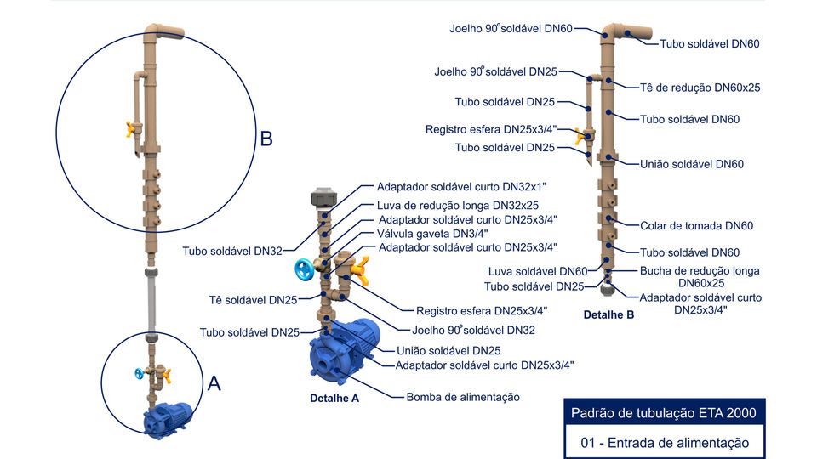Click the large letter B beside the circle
tap(266, 139)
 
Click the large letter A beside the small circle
tap(214, 383)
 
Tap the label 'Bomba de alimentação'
tap(462, 397)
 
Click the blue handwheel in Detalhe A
tap(304, 269)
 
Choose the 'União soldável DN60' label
tap(691, 164)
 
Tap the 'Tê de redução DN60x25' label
tap(700, 87)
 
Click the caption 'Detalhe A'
tap(334, 398)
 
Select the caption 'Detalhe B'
tap(608, 314)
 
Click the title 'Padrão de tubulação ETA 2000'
tap(665, 414)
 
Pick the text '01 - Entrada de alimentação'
tap(665, 442)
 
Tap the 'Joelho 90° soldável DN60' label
tap(511, 29)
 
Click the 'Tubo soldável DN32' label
tap(231, 251)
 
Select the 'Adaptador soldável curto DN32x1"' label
tap(462, 186)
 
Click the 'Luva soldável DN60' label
tap(537, 272)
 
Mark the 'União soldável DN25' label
tap(448, 350)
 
